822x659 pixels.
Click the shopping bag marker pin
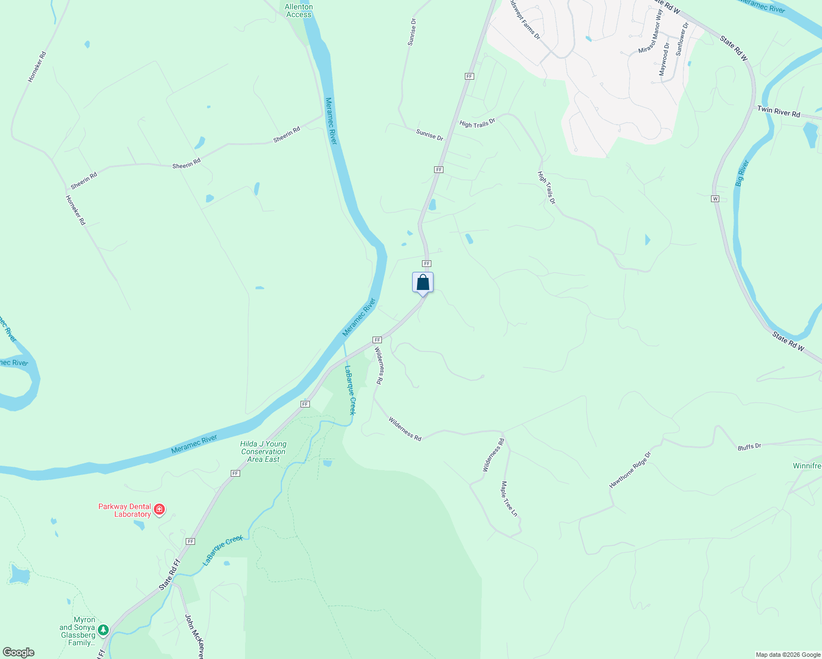pyautogui.click(x=423, y=283)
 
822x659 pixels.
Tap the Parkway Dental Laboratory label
pyautogui.click(x=125, y=510)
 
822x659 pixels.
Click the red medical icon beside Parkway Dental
pyautogui.click(x=159, y=510)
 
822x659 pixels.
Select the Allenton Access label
pyautogui.click(x=299, y=11)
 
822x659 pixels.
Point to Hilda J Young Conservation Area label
pyautogui.click(x=263, y=451)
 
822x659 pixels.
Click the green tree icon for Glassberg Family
pyautogui.click(x=103, y=630)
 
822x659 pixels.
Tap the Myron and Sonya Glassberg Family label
pyautogui.click(x=77, y=631)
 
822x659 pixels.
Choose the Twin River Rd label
pyautogui.click(x=779, y=111)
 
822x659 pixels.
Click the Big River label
pyautogui.click(x=742, y=174)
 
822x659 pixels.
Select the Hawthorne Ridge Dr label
pyautogui.click(x=630, y=470)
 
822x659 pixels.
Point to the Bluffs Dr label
pyautogui.click(x=749, y=447)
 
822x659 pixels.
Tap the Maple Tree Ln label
pyautogui.click(x=509, y=499)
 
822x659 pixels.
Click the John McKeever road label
pyautogui.click(x=195, y=636)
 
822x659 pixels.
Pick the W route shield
pyautogui.click(x=715, y=198)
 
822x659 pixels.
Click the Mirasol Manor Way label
pyautogui.click(x=650, y=32)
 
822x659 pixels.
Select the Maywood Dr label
pyautogui.click(x=664, y=59)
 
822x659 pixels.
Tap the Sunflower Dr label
pyautogui.click(x=682, y=39)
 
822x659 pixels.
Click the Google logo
pyautogui.click(x=19, y=652)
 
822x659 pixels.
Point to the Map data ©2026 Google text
pyautogui.click(x=788, y=655)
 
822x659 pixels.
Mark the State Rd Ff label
pyautogui.click(x=169, y=574)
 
